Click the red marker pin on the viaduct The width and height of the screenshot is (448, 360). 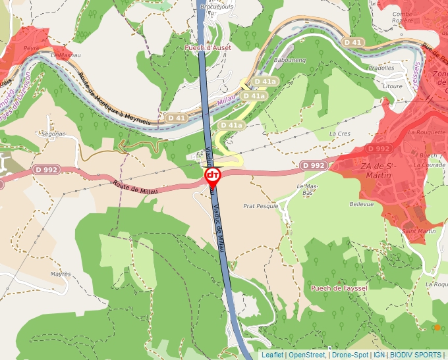tap(213, 176)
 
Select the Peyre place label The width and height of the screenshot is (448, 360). tap(32, 48)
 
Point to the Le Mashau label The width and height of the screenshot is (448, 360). tap(61, 56)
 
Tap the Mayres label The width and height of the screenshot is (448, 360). tap(60, 274)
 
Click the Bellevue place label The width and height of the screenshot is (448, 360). tap(361, 204)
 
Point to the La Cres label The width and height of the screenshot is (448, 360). tap(339, 134)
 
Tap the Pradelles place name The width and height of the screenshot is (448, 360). tap(381, 68)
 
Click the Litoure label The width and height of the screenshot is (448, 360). tap(392, 86)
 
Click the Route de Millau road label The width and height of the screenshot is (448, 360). tap(136, 190)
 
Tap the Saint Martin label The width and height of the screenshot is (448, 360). tap(419, 231)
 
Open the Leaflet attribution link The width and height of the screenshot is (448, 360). tap(272, 355)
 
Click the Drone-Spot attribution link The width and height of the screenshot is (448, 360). tap(350, 355)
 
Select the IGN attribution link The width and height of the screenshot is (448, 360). tap(379, 355)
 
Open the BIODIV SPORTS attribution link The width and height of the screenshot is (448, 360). tap(416, 355)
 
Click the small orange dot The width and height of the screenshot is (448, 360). tap(437, 327)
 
